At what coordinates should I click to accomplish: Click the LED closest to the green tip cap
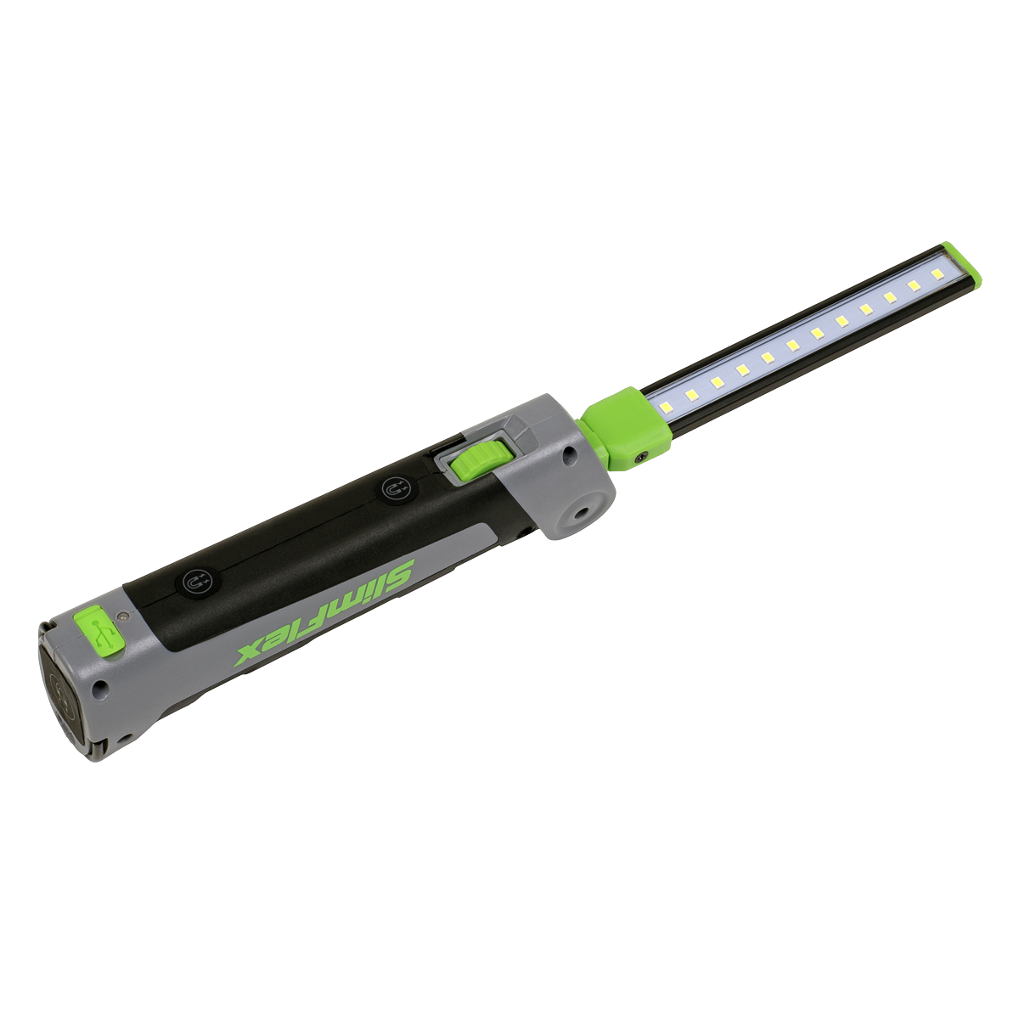[937, 274]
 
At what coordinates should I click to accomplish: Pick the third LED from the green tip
[890, 297]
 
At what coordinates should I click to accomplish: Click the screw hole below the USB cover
[102, 684]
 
